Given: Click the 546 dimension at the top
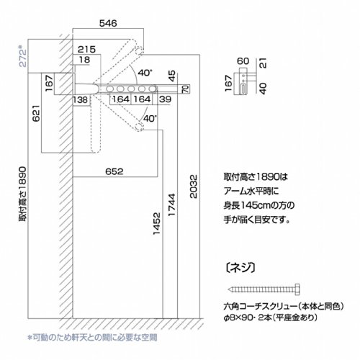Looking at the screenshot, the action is coord(108,23).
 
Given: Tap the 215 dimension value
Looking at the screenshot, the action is coord(86,50).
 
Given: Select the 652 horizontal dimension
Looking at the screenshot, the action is coord(114,171).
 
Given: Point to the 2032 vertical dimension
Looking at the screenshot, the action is coord(194,186).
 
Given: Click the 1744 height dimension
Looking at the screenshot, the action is coord(172,204).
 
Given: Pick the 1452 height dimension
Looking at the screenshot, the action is coord(156,223).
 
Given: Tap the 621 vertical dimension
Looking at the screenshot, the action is coord(36,113).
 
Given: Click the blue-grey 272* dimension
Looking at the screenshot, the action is coord(23,56).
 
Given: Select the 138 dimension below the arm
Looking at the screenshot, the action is coord(81,99).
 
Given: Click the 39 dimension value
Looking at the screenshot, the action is coord(166,99).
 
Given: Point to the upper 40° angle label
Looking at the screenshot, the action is coord(145,72).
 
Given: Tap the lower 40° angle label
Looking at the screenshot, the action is coord(150,118).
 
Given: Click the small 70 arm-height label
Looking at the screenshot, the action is coord(186,89).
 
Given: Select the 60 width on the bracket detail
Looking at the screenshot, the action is coord(243,61).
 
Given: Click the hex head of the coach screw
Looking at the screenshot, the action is coord(297,289).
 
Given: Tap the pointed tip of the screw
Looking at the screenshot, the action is coord(228,289).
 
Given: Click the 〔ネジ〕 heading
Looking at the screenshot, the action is coord(240,267).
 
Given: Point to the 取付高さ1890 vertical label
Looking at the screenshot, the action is coord(23,194).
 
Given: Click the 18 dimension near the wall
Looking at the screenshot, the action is coord(84,60).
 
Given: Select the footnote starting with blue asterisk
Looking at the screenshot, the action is coord(93,338).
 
